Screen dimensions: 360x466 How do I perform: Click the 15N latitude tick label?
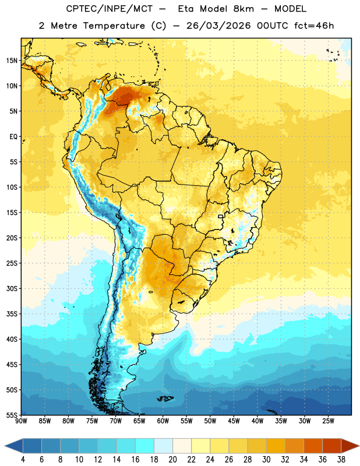tap(12, 61)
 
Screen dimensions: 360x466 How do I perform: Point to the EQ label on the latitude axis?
tap(13, 137)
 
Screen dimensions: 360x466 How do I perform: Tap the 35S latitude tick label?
tap(12, 314)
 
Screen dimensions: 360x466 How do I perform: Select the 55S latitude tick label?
tap(12, 415)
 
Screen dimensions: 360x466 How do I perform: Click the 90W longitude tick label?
tap(21, 421)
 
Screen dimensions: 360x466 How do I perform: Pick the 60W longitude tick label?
tap(163, 421)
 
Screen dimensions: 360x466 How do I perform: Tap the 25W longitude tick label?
tap(328, 421)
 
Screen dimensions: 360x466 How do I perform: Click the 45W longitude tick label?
tap(234, 421)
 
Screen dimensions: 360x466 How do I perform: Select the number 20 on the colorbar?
tap(172, 460)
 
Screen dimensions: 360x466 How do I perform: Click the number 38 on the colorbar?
tap(341, 460)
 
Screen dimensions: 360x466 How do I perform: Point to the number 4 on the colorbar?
tap(23, 460)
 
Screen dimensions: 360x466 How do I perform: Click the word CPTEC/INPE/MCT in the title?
tap(110, 9)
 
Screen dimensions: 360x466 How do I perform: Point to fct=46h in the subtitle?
tap(314, 26)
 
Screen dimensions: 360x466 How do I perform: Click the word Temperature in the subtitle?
tap(114, 26)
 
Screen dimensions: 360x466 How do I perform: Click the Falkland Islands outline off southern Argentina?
tap(165, 398)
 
